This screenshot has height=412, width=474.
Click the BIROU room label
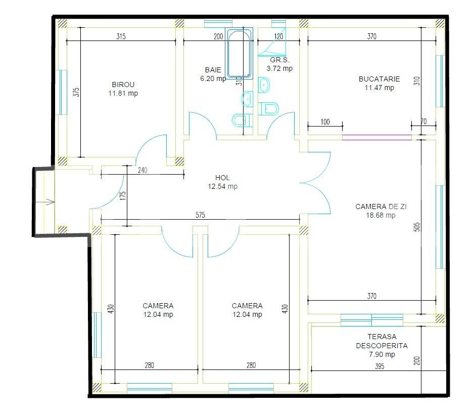(123, 85)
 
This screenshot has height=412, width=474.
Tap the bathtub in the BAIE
(239, 54)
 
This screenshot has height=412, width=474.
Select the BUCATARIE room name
(379, 79)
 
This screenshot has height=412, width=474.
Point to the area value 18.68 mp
(381, 215)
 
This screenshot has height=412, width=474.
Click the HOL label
(222, 178)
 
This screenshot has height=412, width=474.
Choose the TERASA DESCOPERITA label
(382, 341)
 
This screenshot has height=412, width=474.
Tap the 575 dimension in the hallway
(200, 215)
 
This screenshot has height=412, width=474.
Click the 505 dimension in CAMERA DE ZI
(417, 226)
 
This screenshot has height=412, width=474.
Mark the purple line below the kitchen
(376, 136)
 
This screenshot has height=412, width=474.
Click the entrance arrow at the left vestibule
(50, 202)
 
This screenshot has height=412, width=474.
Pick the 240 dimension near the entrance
(143, 171)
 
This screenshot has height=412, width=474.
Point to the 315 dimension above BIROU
(121, 36)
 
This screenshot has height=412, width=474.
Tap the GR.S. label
(279, 60)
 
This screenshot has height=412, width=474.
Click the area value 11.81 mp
(123, 93)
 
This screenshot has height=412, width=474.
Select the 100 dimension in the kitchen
(325, 121)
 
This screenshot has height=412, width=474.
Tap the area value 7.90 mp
(382, 354)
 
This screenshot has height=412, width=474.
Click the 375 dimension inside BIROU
(76, 93)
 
